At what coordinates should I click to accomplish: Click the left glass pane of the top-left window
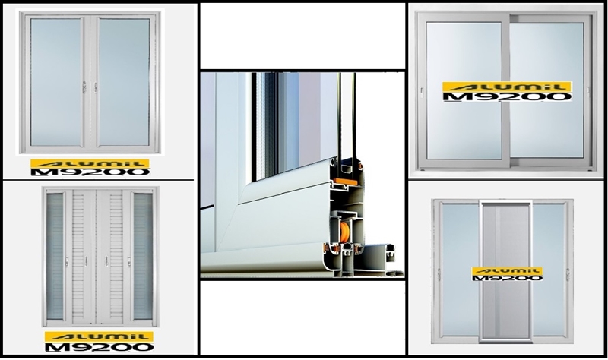(56, 82)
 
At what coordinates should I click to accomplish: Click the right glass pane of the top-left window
(124, 82)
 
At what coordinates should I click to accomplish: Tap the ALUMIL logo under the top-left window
(90, 163)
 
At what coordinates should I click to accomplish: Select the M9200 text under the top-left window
(90, 172)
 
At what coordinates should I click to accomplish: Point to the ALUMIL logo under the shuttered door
(100, 336)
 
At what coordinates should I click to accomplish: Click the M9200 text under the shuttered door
(100, 347)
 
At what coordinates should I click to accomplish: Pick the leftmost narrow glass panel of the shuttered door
(55, 256)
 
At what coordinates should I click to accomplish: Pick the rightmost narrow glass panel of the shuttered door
(143, 256)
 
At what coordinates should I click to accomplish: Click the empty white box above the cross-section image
(302, 36)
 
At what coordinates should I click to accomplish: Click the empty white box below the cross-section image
(302, 317)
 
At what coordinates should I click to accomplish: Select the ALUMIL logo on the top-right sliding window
(507, 87)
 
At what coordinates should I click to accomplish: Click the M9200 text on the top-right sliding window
(507, 96)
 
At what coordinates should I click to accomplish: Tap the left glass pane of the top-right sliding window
(464, 90)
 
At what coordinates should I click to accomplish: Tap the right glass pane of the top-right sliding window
(546, 90)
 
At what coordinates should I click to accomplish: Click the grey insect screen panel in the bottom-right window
(506, 270)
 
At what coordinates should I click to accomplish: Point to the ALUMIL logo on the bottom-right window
(507, 271)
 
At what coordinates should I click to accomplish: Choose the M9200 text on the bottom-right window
(507, 278)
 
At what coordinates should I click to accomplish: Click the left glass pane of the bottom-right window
(461, 270)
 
